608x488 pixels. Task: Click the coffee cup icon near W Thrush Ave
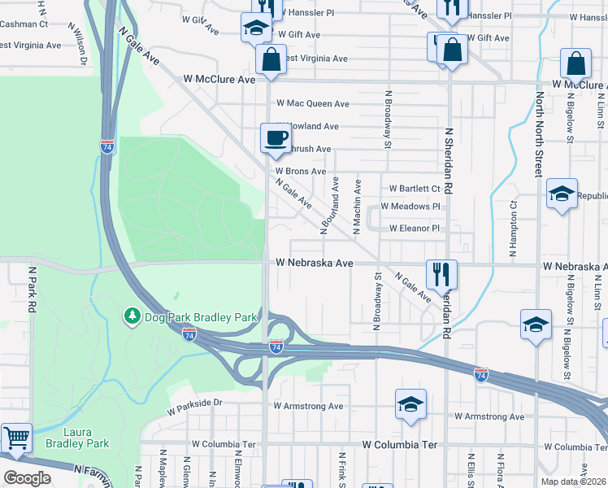coord(276,137)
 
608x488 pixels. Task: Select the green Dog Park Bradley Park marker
coord(132,314)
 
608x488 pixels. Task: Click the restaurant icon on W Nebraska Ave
coord(441,274)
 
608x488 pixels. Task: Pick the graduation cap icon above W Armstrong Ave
coord(411,403)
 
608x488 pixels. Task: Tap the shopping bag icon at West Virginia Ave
coord(271,59)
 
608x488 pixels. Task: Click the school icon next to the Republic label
coord(562,194)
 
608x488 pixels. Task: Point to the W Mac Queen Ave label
coord(313,104)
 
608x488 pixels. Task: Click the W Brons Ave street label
coord(300,172)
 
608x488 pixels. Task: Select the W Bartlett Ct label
coord(415,188)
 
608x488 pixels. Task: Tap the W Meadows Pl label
coord(415,207)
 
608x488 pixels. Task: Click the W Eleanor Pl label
coord(415,229)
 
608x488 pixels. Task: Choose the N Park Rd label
coord(33,290)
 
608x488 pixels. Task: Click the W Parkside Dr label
coord(195,402)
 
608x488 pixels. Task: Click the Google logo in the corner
coord(28,477)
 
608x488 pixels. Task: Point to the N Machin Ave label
coord(356,208)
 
